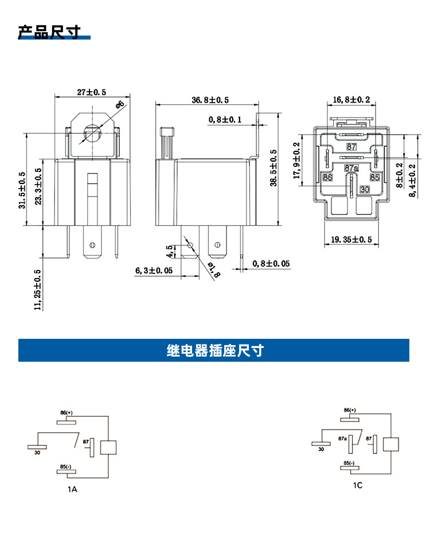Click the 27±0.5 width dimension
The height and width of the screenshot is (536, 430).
(x=91, y=92)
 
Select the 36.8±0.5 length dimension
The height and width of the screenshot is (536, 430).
(x=210, y=100)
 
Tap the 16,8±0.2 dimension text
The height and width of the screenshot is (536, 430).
(x=351, y=100)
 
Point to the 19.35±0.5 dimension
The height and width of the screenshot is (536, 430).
(x=351, y=239)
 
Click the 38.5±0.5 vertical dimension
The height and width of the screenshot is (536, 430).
(x=273, y=167)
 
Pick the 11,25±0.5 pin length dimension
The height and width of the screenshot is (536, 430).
(x=38, y=290)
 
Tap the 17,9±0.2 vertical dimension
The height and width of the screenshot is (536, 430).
(x=296, y=161)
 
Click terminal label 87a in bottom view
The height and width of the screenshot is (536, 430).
(x=351, y=169)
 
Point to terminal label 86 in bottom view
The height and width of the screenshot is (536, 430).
(x=327, y=178)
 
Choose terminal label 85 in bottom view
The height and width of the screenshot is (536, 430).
(x=374, y=178)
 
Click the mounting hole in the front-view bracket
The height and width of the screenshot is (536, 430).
(x=91, y=134)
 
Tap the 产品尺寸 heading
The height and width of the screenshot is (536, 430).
(x=49, y=32)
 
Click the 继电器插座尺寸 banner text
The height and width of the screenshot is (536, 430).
(x=214, y=350)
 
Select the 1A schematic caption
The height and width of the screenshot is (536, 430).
(x=72, y=490)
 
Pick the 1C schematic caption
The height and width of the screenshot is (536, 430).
(x=357, y=486)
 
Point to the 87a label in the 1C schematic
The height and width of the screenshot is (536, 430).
(x=343, y=438)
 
